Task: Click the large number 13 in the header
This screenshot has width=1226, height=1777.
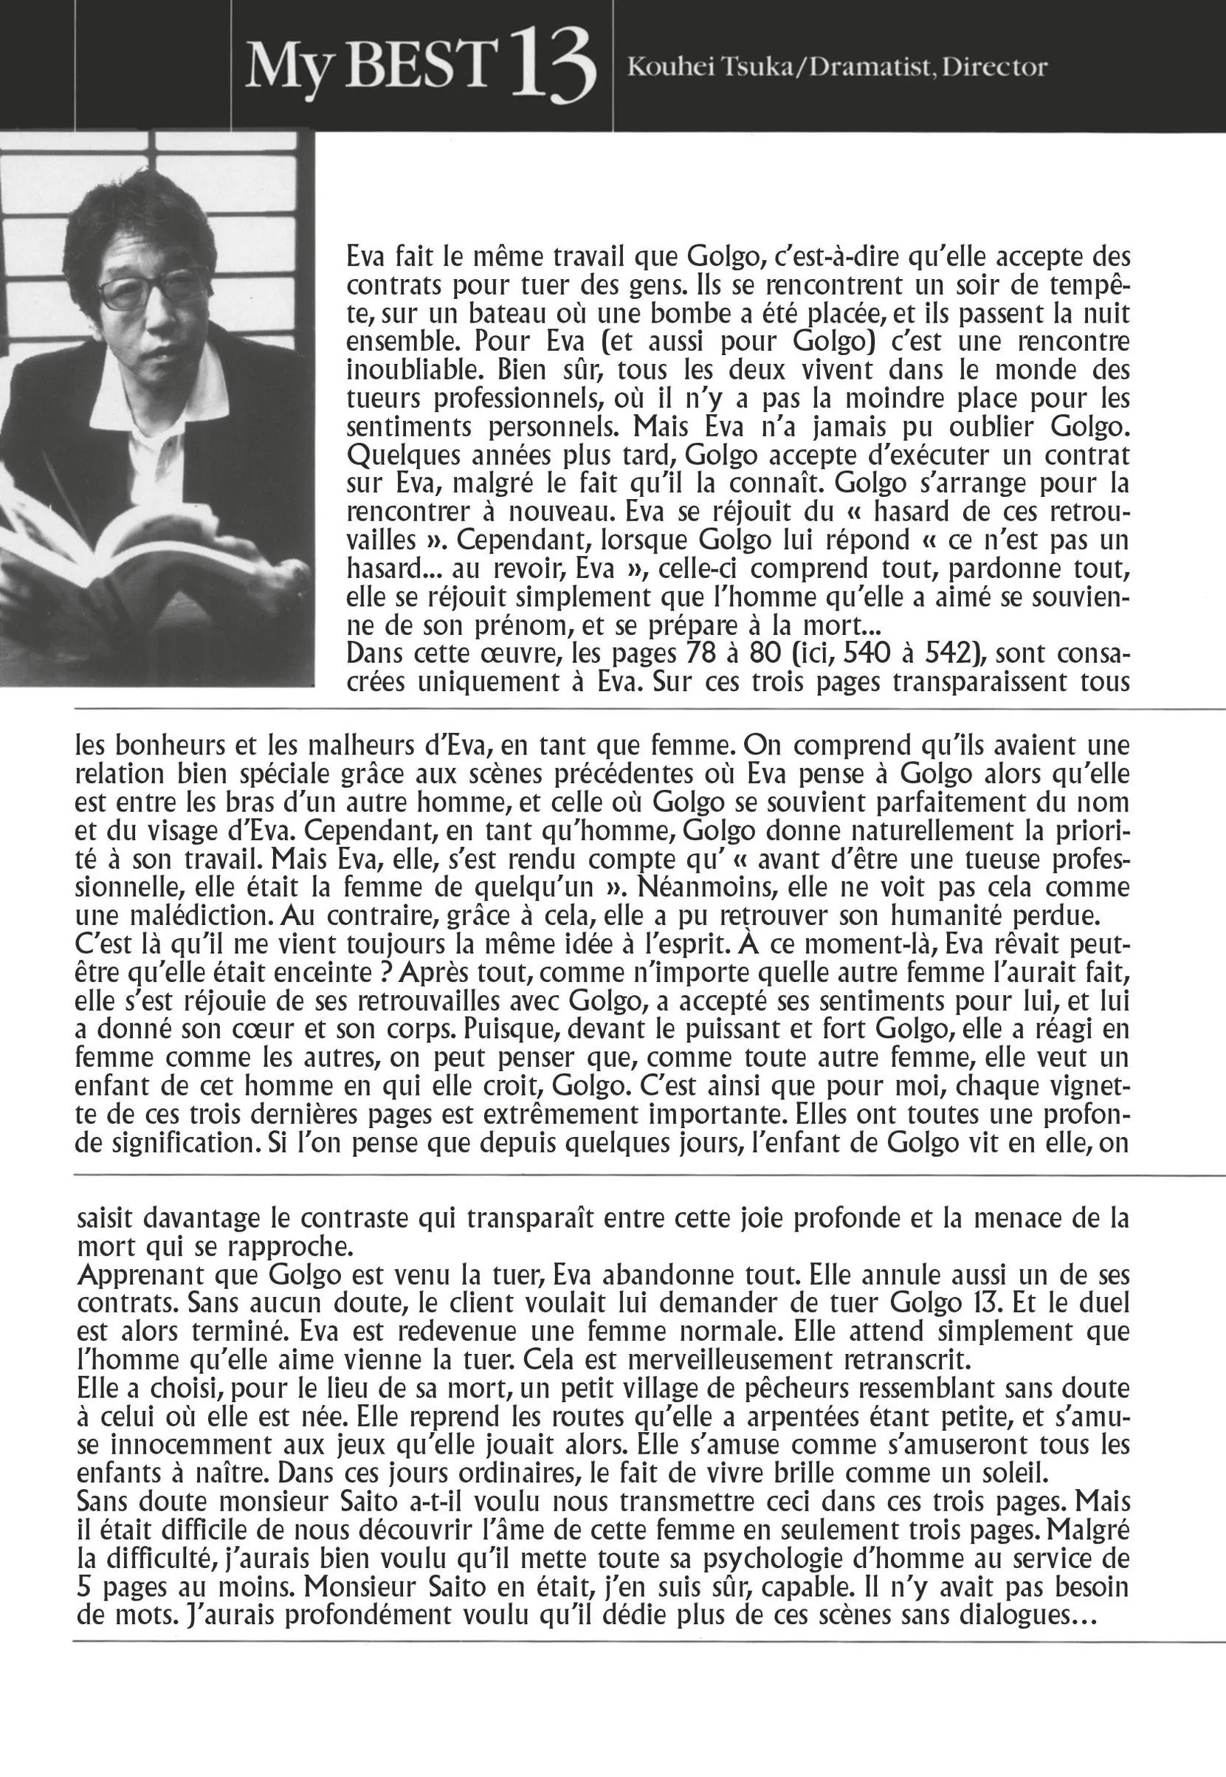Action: (554, 68)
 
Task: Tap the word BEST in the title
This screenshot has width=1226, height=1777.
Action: (417, 65)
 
